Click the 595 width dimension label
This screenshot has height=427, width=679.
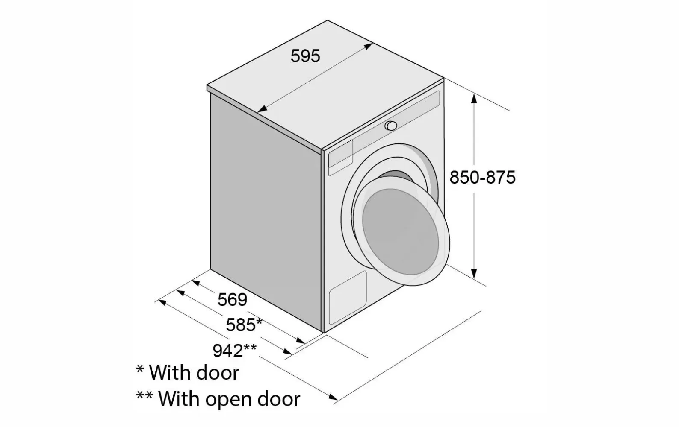305,56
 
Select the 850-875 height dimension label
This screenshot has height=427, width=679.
482,177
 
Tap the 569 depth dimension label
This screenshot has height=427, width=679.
232,299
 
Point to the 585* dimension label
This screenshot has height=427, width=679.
244,325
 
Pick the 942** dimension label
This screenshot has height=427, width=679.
234,351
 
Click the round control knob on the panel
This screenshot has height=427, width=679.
390,126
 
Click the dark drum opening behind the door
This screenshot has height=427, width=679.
398,175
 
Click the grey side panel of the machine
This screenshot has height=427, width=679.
265,209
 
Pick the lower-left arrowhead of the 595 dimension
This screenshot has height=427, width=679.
262,110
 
